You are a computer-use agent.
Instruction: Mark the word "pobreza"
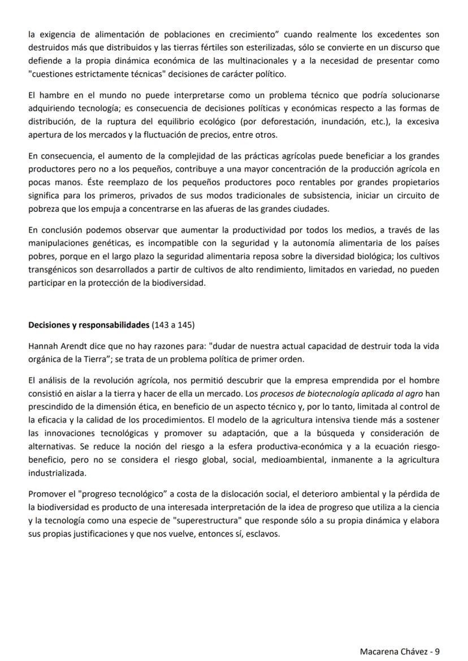[44, 208]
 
